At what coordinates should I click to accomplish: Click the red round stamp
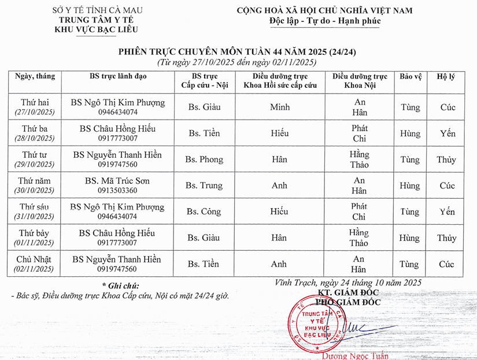tap(313, 328)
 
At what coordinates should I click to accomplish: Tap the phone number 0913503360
tap(117, 190)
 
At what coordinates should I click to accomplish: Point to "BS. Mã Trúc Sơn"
tap(117, 181)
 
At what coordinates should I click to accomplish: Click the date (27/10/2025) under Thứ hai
tap(34, 112)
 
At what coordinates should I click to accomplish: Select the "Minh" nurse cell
tap(280, 107)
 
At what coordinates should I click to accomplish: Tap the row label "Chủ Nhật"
tap(34, 259)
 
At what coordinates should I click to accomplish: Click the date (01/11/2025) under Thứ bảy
tap(34, 243)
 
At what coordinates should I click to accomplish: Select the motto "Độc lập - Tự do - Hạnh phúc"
tap(326, 21)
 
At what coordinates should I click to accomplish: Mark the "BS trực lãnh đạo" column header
tap(118, 76)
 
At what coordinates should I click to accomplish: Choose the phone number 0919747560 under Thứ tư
tap(117, 164)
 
